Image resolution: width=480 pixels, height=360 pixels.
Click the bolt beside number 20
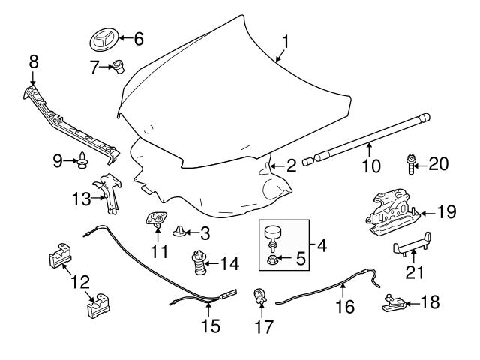[x=412, y=163]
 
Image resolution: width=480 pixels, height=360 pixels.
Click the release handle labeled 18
[x=392, y=303]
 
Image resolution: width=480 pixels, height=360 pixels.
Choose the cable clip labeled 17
[x=259, y=298]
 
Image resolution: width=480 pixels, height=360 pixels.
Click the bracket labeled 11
[x=156, y=220]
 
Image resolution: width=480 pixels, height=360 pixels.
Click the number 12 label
[x=80, y=282]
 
